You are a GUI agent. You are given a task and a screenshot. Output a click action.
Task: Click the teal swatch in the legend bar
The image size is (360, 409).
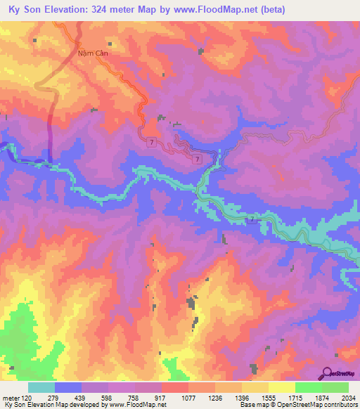[41, 387]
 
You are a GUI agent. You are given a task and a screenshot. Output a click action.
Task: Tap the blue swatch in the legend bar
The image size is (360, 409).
[68, 387]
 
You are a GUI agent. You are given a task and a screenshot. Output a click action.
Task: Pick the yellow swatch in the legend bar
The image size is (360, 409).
[282, 387]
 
